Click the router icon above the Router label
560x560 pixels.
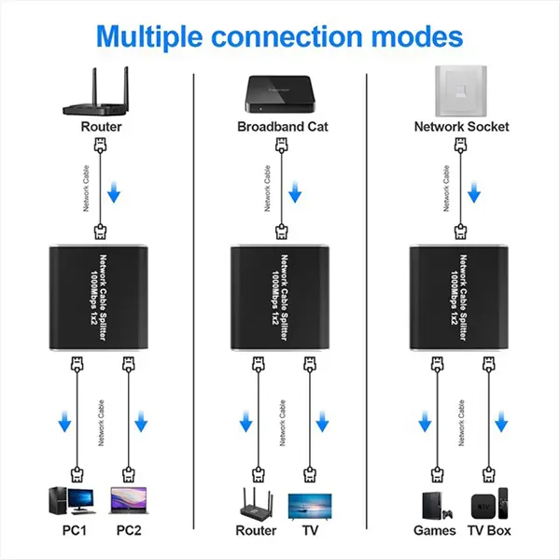tap(100, 91)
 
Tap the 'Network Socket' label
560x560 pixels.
tap(461, 126)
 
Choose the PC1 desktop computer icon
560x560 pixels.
tap(75, 501)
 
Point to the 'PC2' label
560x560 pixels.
tap(129, 531)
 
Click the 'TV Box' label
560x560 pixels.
tap(490, 531)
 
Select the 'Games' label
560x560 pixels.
tap(435, 531)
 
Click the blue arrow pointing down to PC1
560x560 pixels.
tap(65, 423)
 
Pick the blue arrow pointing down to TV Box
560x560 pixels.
tap(504, 423)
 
